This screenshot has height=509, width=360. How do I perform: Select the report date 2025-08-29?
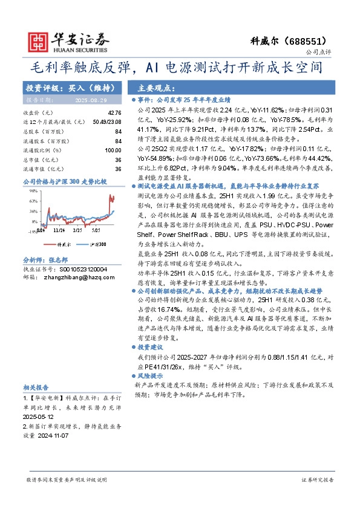click(90, 100)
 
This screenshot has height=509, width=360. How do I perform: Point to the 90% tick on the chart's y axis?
click(28, 190)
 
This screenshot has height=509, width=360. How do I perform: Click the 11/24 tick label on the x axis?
click(59, 231)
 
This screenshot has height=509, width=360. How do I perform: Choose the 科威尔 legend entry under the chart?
click(63, 244)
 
